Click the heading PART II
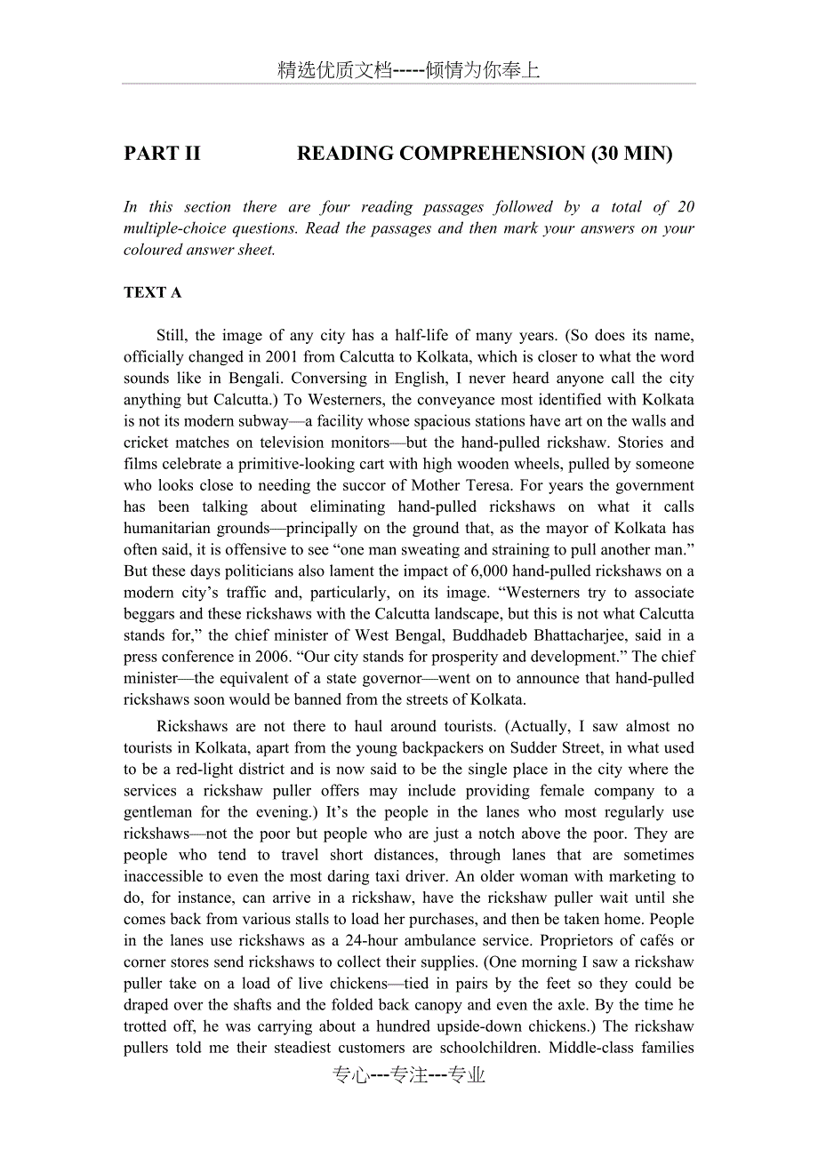[162, 154]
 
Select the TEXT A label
[152, 292]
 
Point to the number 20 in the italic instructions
[686, 207]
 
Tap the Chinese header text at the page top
[408, 70]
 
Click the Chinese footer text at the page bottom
[408, 1075]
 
